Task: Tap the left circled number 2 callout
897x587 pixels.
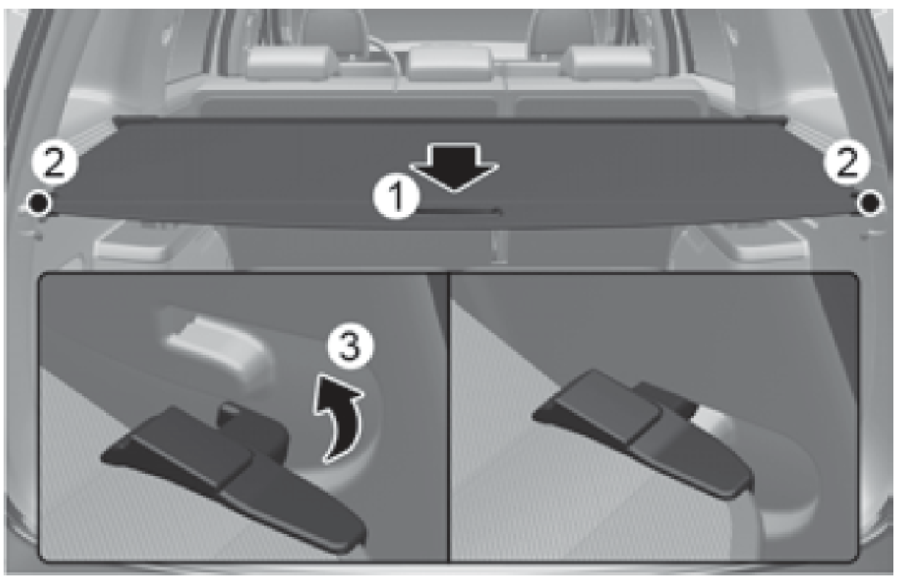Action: point(54,163)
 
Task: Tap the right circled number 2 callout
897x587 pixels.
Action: point(847,163)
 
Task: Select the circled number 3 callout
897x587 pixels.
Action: point(351,347)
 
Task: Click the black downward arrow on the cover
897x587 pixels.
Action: point(454,168)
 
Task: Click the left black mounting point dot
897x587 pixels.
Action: point(38,203)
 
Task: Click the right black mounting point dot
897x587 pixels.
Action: point(869,203)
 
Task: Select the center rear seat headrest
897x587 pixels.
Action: point(451,63)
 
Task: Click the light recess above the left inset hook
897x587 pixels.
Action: point(218,343)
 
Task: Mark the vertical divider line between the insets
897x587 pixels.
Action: point(449,418)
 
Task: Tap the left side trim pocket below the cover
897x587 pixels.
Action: point(130,245)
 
